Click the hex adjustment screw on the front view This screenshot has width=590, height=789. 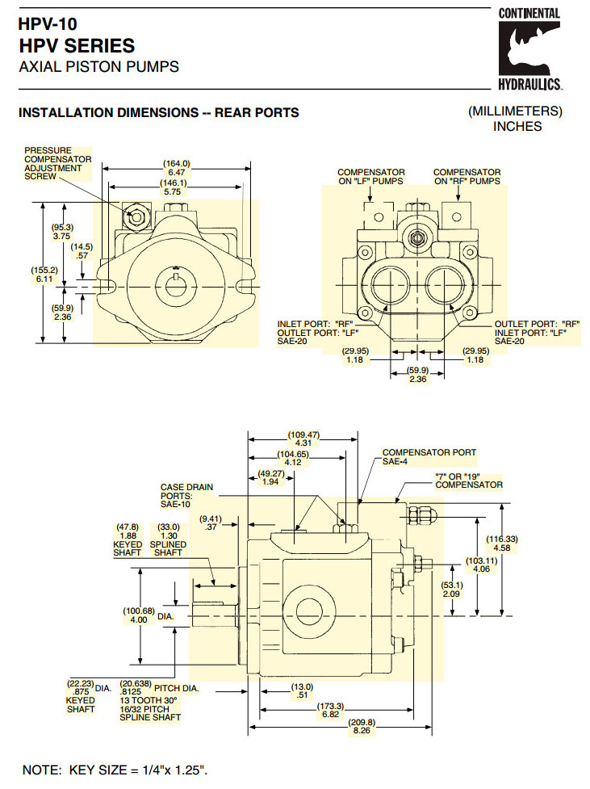click(134, 216)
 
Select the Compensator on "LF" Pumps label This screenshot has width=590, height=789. click(370, 177)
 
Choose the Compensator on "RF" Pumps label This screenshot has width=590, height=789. click(467, 177)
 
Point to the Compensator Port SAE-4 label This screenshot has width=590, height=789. click(429, 457)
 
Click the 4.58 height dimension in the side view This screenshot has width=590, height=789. click(501, 543)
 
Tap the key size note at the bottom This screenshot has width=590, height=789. click(115, 770)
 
